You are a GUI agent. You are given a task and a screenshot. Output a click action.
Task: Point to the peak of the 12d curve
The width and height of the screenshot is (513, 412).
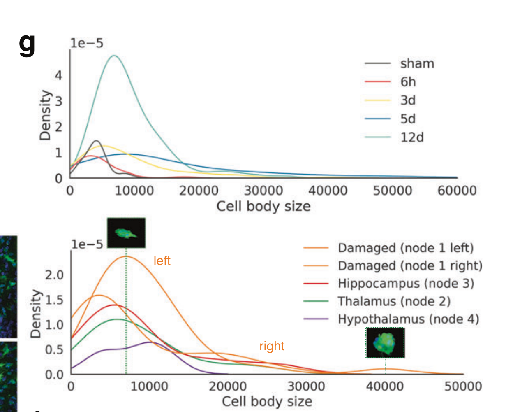(114, 56)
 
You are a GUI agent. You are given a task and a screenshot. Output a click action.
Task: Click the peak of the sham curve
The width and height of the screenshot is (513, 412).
(97, 141)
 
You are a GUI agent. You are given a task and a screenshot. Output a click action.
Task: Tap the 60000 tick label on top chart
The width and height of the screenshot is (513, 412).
(457, 191)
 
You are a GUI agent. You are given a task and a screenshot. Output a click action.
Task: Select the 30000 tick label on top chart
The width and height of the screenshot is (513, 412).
(263, 191)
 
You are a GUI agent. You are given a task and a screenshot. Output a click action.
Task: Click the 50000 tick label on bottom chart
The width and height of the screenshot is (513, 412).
(463, 387)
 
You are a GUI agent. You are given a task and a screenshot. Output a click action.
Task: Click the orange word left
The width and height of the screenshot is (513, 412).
(162, 261)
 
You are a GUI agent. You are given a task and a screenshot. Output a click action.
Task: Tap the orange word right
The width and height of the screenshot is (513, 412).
(272, 346)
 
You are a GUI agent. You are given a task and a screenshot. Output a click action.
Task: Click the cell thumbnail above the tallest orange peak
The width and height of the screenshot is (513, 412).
(126, 233)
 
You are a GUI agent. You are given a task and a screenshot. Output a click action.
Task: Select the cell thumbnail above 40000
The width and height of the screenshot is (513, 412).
(385, 343)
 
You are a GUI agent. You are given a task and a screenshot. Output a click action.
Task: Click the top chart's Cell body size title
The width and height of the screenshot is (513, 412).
(263, 206)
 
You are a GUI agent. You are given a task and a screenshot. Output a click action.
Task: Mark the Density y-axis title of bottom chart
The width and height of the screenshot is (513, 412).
(36, 314)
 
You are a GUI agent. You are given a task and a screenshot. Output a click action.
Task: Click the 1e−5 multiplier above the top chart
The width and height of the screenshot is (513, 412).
(87, 43)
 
